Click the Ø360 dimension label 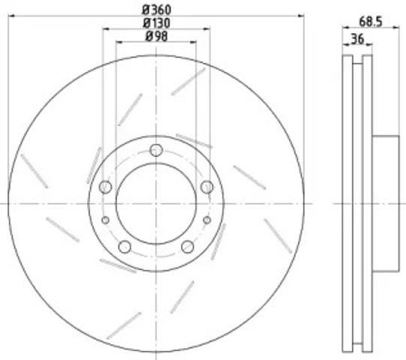point(157,10)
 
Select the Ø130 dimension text point(157,23)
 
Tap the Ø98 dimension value point(157,36)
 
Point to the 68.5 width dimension point(371,22)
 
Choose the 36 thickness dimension point(357,39)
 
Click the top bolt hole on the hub point(156,150)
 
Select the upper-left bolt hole point(105,187)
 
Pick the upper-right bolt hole point(207,187)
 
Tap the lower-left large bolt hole point(125,247)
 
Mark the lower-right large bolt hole point(188,247)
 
